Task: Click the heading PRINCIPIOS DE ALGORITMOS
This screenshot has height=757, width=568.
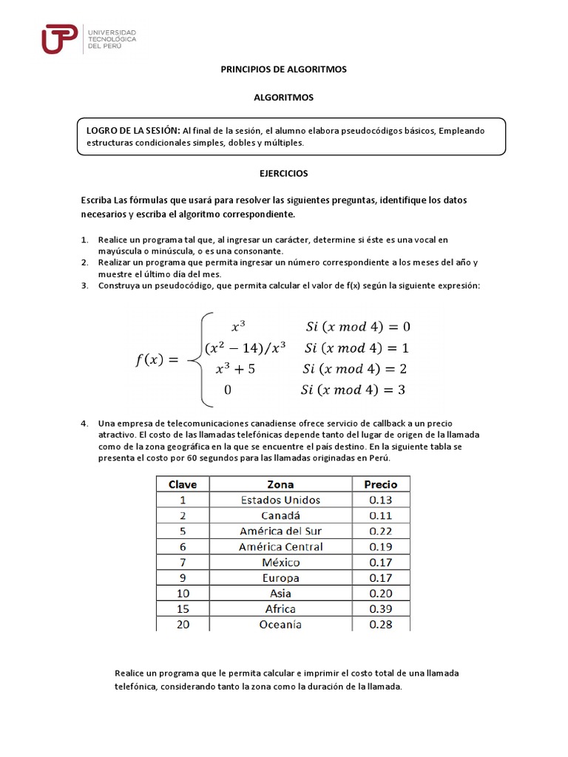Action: (284, 69)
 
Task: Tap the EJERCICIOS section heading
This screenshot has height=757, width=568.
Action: (283, 174)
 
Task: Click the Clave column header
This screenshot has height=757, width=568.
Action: (183, 484)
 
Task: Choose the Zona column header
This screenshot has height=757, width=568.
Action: (280, 484)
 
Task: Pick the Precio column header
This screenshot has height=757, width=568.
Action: (381, 484)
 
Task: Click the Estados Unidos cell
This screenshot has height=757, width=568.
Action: (280, 500)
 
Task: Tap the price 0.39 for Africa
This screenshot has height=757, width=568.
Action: (381, 608)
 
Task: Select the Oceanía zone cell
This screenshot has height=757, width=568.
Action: (280, 625)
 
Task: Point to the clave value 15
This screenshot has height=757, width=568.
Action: (183, 608)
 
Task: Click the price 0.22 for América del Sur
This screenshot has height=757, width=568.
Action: (381, 531)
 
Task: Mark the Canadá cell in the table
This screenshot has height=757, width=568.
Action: (280, 515)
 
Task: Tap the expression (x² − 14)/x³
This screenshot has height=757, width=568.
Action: (246, 347)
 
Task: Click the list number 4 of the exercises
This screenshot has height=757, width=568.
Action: (84, 424)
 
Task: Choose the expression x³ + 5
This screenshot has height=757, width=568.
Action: (235, 369)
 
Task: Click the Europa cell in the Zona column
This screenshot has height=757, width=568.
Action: (280, 577)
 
